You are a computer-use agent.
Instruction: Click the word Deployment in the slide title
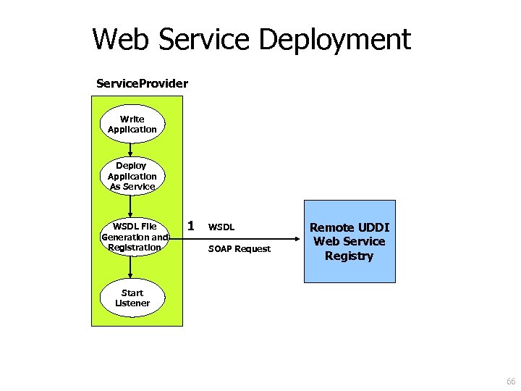(334, 39)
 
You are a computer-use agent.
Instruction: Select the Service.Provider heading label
(142, 83)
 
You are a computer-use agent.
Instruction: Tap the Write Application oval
(132, 124)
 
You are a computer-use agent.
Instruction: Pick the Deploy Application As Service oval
(132, 176)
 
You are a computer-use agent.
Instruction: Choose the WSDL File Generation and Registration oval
(134, 237)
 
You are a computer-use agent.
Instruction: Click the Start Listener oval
(132, 298)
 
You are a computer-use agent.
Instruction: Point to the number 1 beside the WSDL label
(190, 226)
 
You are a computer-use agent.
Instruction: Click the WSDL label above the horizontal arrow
(221, 227)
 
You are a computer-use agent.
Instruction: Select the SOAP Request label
(240, 249)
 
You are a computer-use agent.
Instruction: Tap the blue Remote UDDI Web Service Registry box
(350, 241)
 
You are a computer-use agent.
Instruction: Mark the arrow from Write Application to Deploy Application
(131, 149)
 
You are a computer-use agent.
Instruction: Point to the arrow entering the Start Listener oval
(131, 272)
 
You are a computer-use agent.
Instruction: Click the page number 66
(511, 382)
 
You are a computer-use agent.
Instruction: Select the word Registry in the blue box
(350, 256)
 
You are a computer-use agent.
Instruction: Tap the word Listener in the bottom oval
(132, 303)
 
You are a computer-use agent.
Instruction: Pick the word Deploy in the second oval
(132, 166)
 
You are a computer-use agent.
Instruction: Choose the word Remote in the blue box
(330, 227)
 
